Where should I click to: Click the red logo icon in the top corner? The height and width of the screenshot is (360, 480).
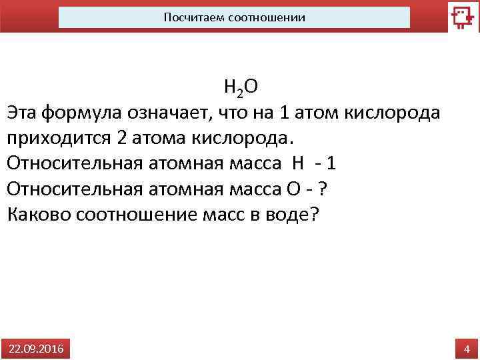click(x=463, y=17)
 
